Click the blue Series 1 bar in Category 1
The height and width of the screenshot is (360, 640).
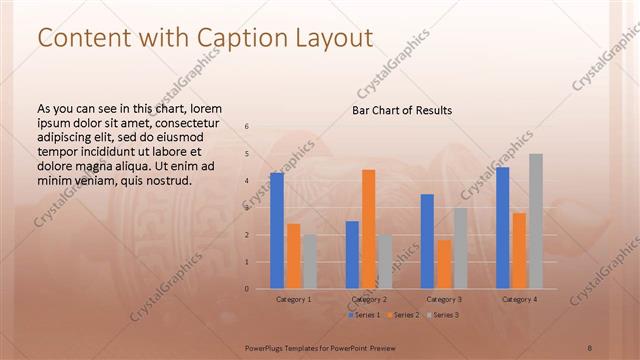[x=277, y=231]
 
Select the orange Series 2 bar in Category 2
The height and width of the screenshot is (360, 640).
[x=368, y=229]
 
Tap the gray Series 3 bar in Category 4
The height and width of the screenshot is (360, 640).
[x=536, y=221]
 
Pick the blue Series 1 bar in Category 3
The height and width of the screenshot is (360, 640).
[x=427, y=241]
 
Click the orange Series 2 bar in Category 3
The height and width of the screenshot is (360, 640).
[x=444, y=264]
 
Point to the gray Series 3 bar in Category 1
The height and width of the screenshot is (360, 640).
[x=310, y=262]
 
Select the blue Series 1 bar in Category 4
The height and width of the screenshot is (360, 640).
[x=503, y=228]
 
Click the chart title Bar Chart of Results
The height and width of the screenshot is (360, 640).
[x=402, y=110]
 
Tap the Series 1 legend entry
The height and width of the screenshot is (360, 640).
[x=364, y=315]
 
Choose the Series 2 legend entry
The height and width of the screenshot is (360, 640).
[x=402, y=315]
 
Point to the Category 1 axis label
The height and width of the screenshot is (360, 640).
[x=294, y=299]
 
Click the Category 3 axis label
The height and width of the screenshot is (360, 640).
[x=444, y=299]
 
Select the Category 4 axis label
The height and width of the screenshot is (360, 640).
[x=519, y=299]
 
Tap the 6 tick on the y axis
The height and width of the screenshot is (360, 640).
[x=247, y=126]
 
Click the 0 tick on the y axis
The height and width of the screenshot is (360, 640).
[x=247, y=289]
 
